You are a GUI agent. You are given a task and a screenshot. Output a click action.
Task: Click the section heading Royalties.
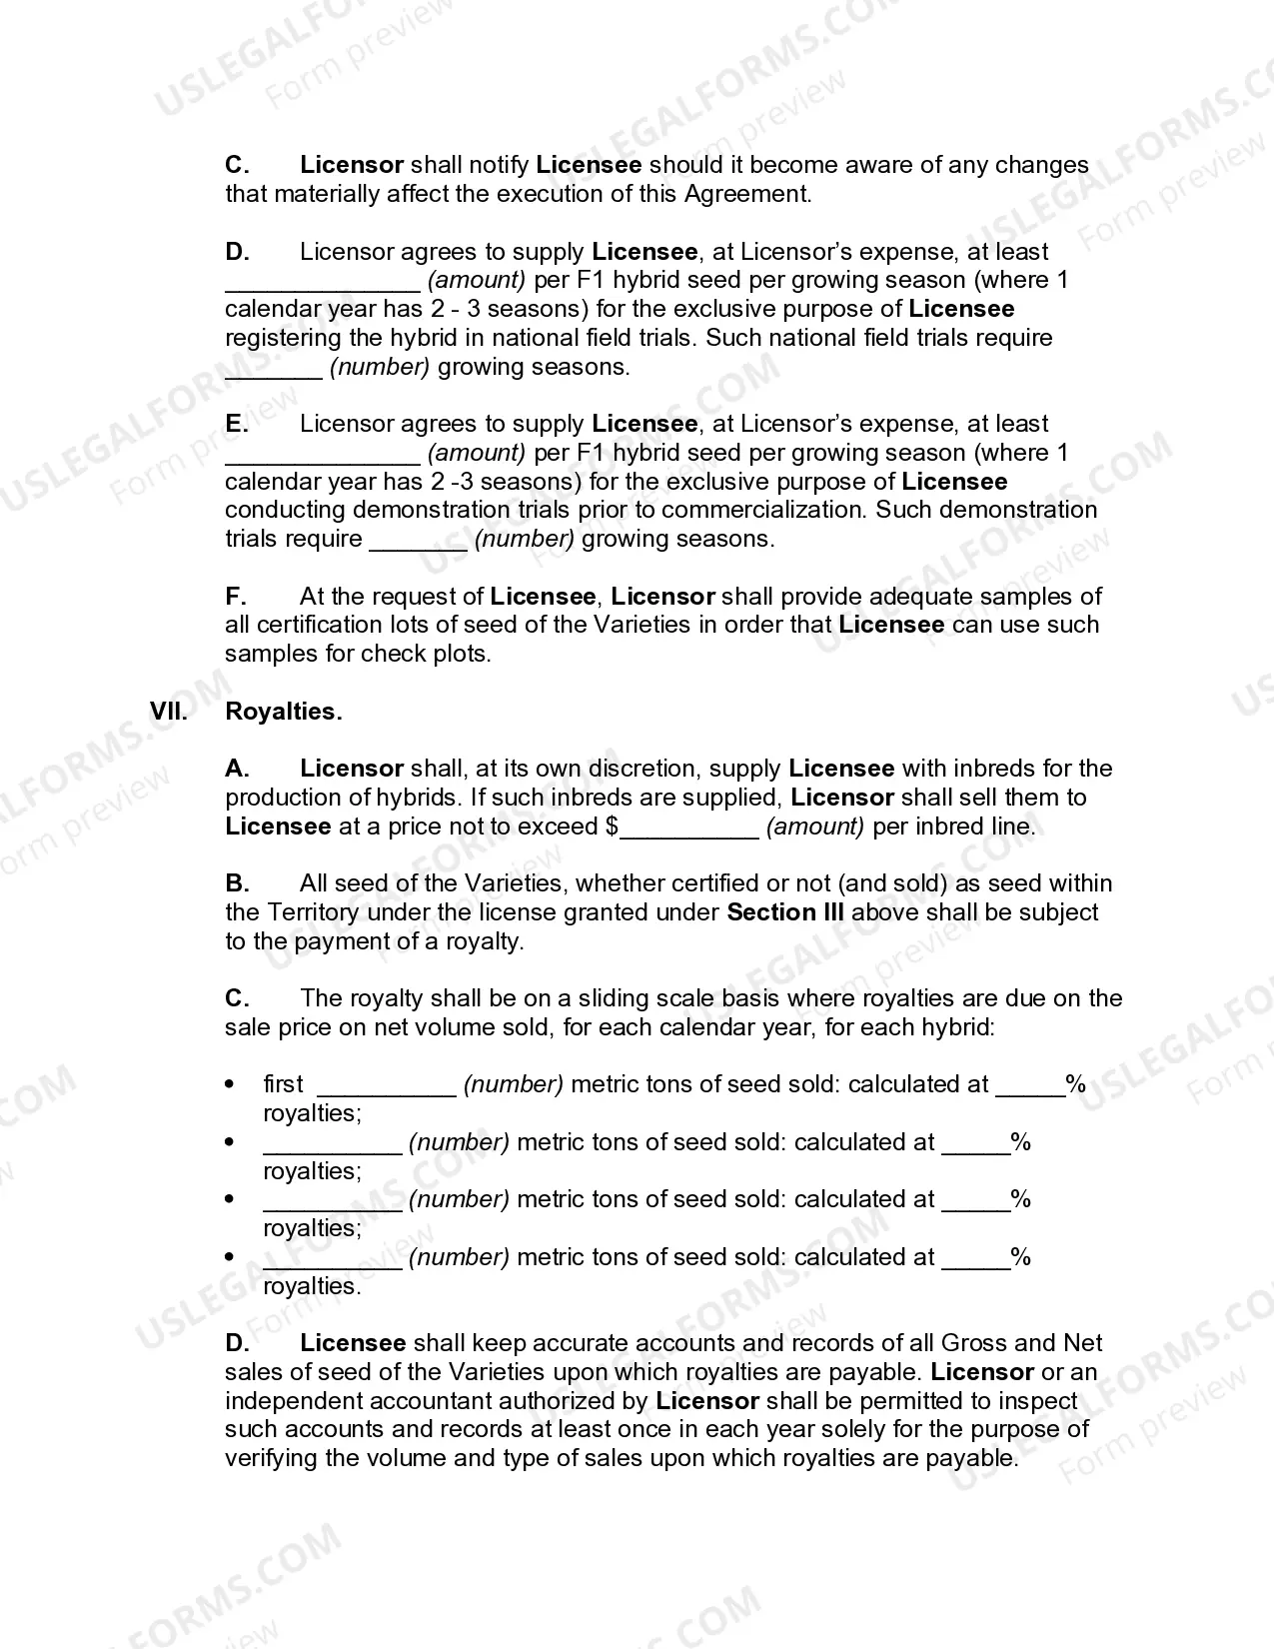(284, 712)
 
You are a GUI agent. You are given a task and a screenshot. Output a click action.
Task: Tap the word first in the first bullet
(283, 1084)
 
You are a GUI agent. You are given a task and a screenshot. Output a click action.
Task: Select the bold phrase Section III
(785, 912)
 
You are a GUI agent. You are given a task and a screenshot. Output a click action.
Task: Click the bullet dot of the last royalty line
(231, 1257)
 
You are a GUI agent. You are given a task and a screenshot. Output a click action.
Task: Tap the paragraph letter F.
(235, 597)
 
